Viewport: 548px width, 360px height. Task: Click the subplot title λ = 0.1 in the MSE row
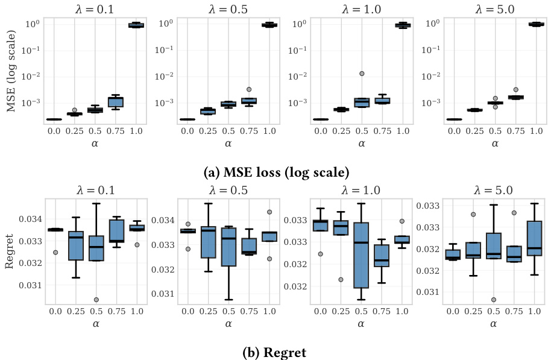coord(95,7)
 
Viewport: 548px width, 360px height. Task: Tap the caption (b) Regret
coord(275,353)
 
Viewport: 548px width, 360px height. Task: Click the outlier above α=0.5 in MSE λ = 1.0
coord(362,74)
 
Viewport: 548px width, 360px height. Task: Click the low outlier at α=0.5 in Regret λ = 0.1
coord(96,300)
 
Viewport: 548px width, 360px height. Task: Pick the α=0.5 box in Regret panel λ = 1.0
coord(360,255)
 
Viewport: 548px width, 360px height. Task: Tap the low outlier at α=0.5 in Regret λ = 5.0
coord(494,300)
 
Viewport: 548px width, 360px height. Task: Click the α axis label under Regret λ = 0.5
coord(228,324)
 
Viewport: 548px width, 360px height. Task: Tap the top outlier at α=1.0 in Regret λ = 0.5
coord(269,212)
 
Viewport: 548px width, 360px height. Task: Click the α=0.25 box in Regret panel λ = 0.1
coord(76,245)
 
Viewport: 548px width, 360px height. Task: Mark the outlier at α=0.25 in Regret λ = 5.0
coord(474,214)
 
